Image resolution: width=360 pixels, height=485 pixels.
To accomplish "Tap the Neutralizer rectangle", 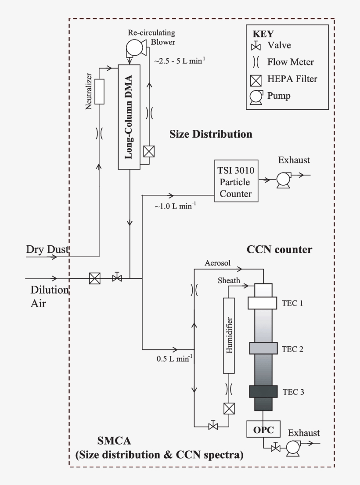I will click(x=100, y=92).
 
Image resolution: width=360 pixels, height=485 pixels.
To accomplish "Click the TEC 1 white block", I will click(x=263, y=303).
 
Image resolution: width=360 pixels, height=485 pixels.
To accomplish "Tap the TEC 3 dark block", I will click(x=263, y=391).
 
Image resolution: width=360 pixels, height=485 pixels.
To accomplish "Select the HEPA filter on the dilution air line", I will click(x=94, y=278).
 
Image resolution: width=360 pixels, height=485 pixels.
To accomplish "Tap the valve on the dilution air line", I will click(x=117, y=278).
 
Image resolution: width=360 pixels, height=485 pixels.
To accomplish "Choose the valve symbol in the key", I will click(x=256, y=46).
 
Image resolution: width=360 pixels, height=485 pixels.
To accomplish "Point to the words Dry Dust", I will click(x=47, y=249).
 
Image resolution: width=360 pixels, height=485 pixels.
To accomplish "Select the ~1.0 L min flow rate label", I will click(x=175, y=205).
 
